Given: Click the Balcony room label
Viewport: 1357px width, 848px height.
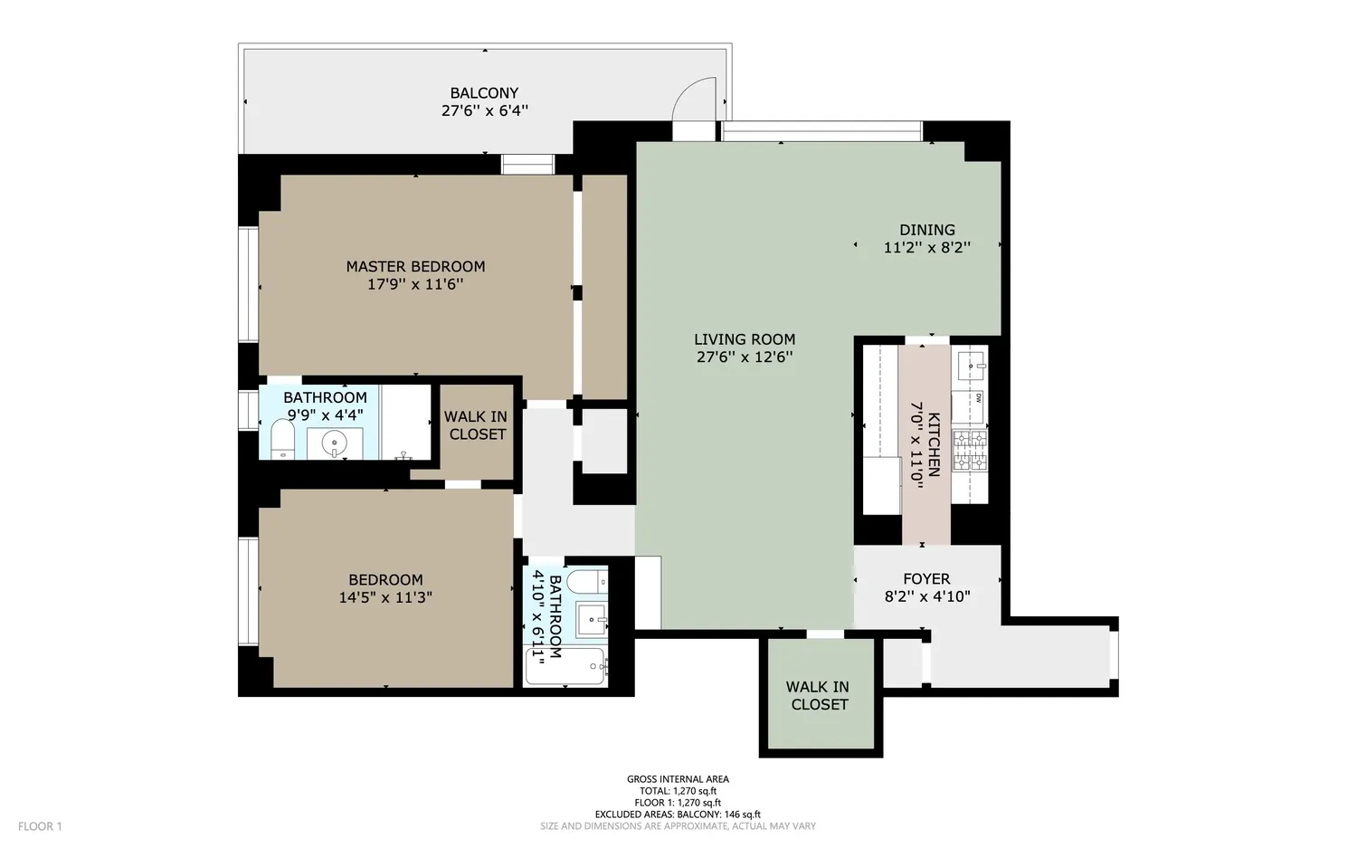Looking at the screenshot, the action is pyautogui.click(x=484, y=92).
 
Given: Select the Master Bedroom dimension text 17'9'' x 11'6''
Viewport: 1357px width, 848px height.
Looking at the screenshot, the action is pyautogui.click(x=415, y=283).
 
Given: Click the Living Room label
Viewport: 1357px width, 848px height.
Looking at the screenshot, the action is pyautogui.click(x=745, y=338).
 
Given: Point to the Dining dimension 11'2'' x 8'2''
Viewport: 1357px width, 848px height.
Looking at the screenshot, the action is pyautogui.click(x=927, y=247).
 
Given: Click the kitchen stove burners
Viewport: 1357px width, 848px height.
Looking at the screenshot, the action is pyautogui.click(x=970, y=451).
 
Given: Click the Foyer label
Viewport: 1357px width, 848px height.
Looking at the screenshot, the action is pyautogui.click(x=927, y=579).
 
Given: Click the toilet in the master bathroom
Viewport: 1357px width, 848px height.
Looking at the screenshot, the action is pyautogui.click(x=282, y=440).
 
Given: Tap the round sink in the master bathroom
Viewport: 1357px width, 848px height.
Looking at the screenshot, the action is pyautogui.click(x=334, y=443).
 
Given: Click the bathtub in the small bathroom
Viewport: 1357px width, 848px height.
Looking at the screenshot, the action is pyautogui.click(x=565, y=666).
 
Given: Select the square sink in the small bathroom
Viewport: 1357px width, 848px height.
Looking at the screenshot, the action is pyautogui.click(x=591, y=619).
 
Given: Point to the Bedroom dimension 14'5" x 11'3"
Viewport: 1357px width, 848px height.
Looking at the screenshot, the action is pyautogui.click(x=385, y=597).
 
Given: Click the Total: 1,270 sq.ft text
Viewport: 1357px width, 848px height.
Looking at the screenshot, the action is pyautogui.click(x=678, y=790).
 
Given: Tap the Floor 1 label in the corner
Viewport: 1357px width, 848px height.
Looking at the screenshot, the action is pyautogui.click(x=40, y=826).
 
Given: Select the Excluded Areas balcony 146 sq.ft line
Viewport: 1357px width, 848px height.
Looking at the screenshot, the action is pyautogui.click(x=678, y=814).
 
